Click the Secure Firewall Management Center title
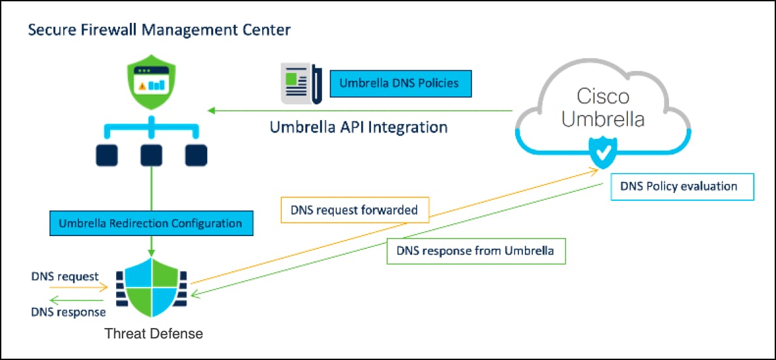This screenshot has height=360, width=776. (x=159, y=30)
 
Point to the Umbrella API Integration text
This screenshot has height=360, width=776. (x=359, y=127)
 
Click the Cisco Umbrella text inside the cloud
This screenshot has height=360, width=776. (x=603, y=108)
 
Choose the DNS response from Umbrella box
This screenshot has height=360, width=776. (x=476, y=250)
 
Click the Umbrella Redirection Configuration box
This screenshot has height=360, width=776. (x=150, y=223)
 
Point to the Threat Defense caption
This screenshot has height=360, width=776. (x=154, y=334)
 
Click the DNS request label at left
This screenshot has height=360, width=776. (x=65, y=276)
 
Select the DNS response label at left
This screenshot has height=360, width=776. (x=68, y=312)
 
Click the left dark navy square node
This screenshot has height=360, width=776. (x=106, y=155)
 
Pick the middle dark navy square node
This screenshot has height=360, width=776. (x=151, y=155)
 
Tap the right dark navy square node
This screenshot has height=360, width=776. (x=196, y=155)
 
